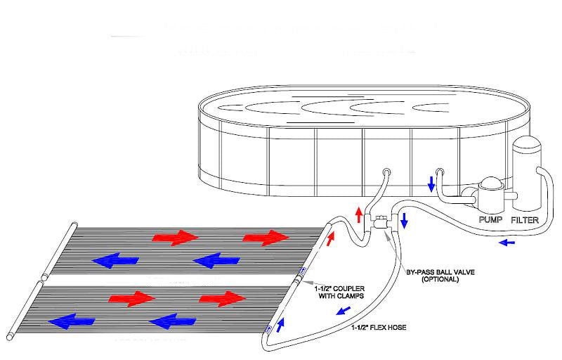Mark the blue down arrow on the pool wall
coord(430,184)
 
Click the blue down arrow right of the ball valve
coord(404,221)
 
